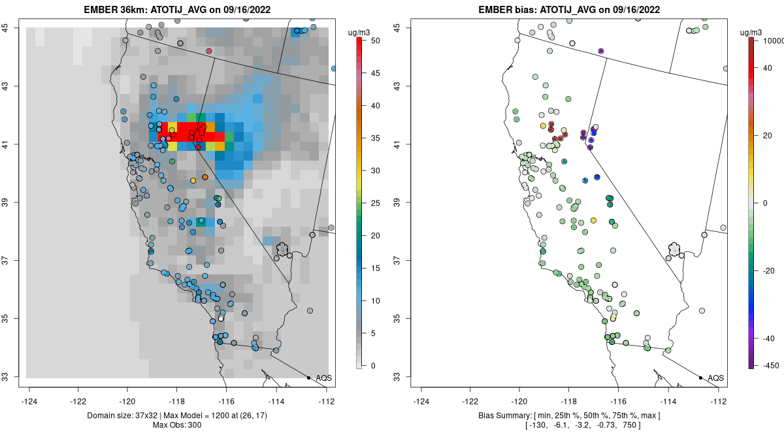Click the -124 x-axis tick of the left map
pyautogui.click(x=29, y=401)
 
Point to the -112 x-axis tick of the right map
pyautogui.click(x=719, y=401)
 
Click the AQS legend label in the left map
pyautogui.click(x=323, y=378)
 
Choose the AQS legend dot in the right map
pyautogui.click(x=700, y=378)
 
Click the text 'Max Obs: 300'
pyautogui.click(x=177, y=426)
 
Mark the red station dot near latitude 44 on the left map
pyautogui.click(x=209, y=51)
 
